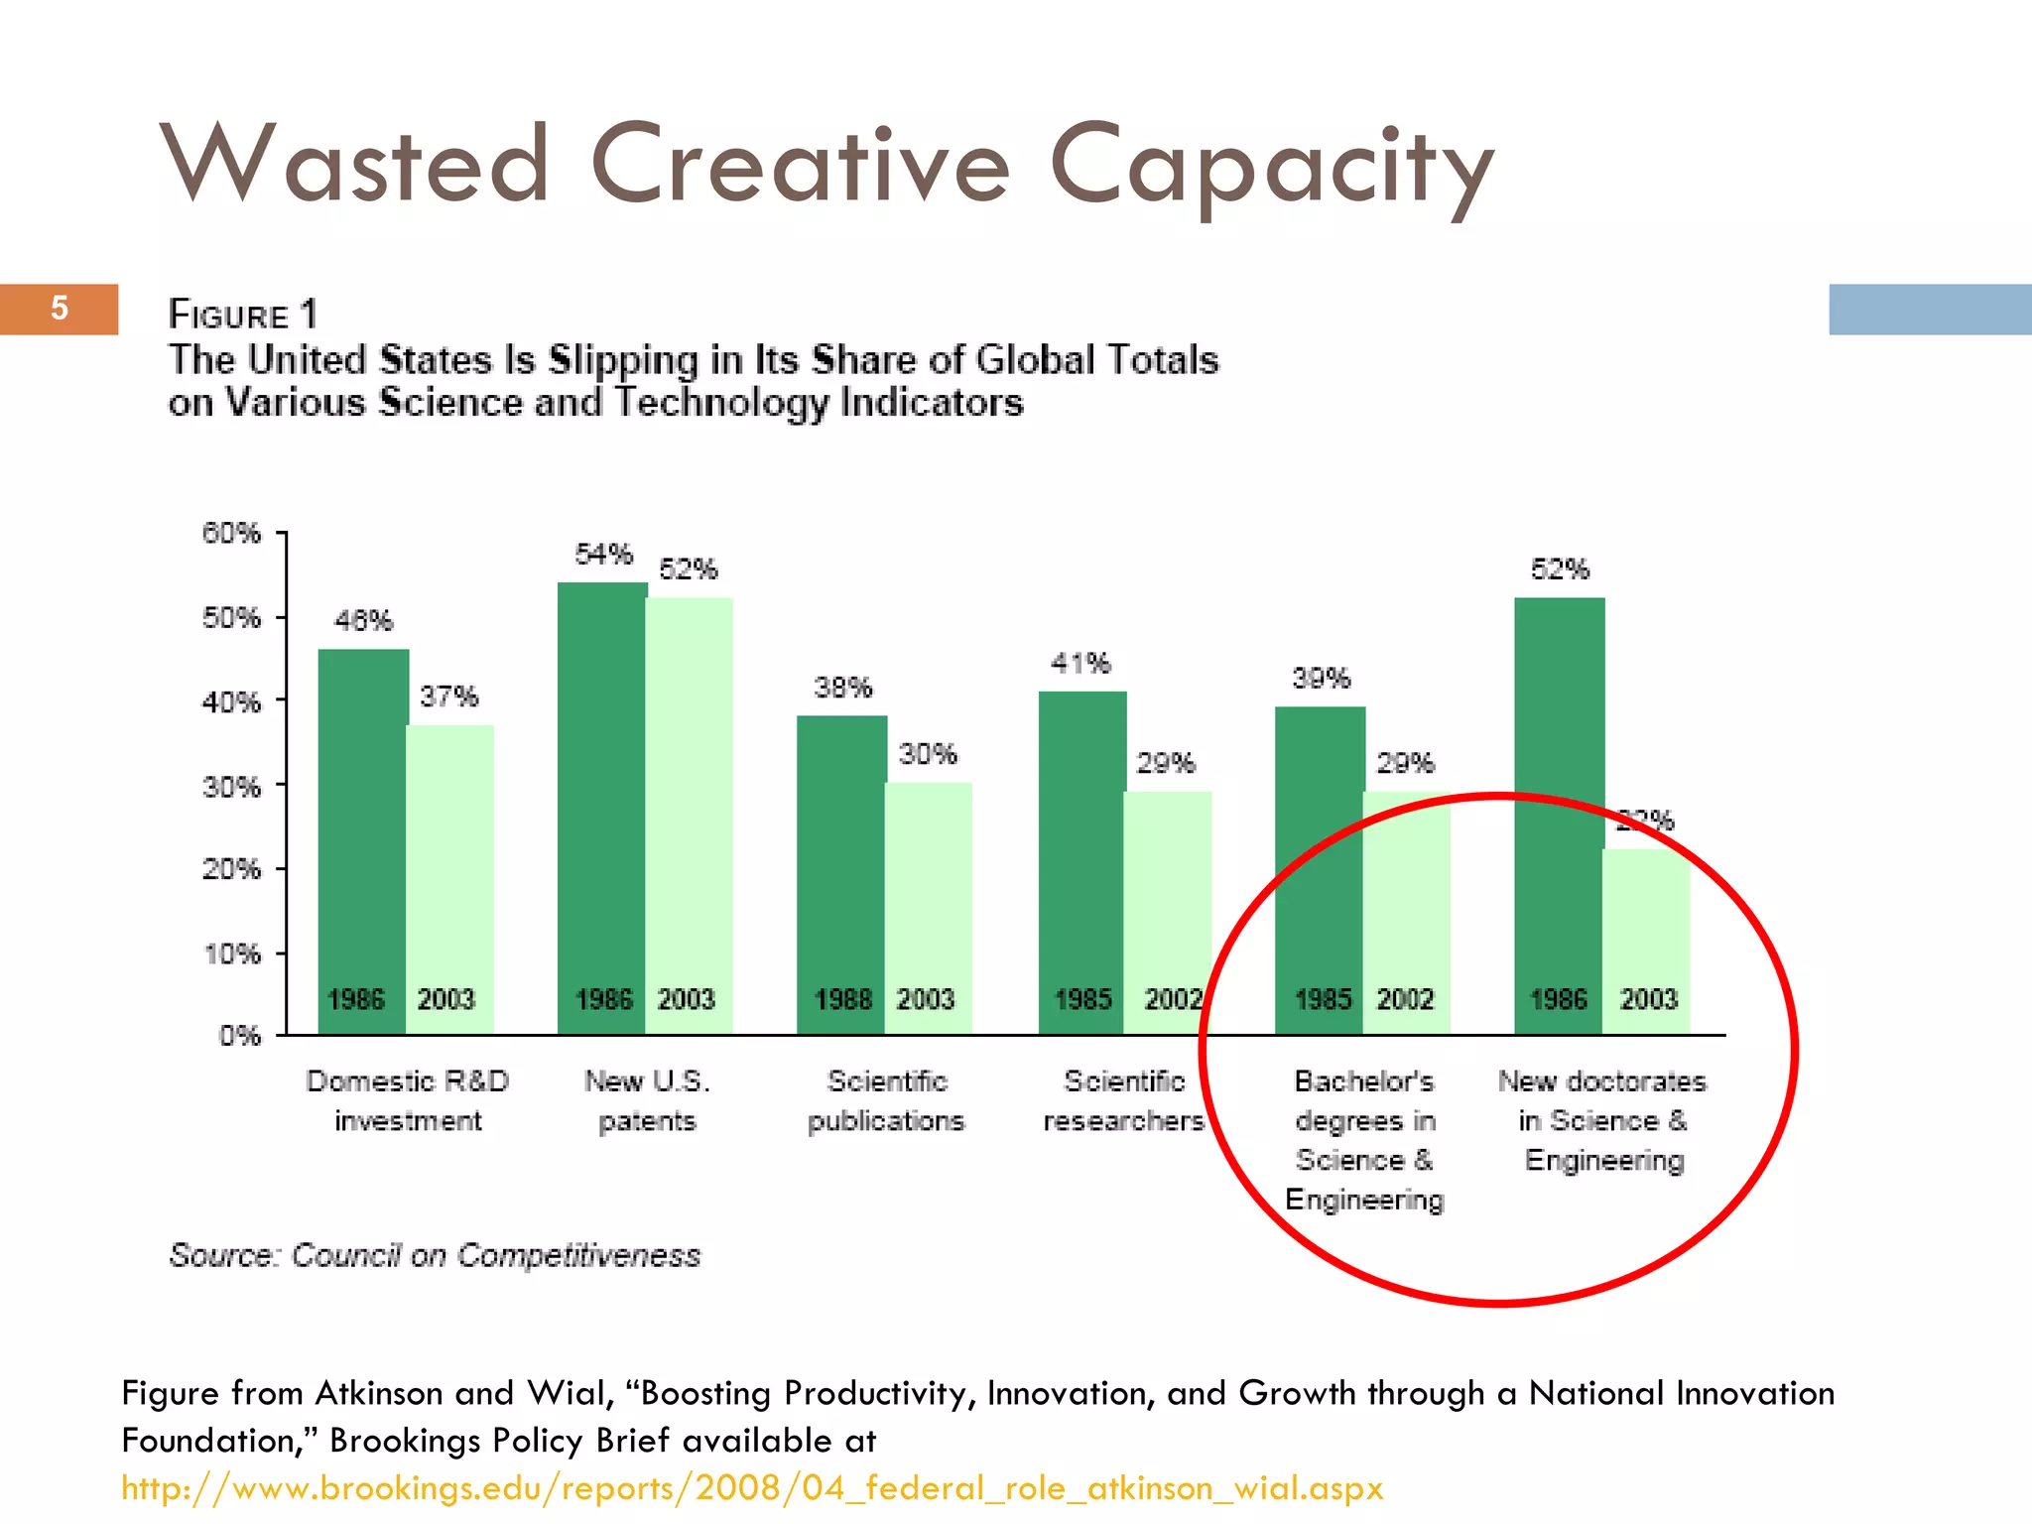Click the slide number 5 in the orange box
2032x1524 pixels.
click(60, 309)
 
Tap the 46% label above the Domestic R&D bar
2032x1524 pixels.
click(363, 621)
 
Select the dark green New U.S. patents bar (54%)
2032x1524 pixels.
click(602, 794)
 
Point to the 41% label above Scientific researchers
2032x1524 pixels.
click(1080, 663)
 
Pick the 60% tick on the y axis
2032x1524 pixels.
click(231, 534)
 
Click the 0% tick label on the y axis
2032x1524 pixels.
click(239, 1036)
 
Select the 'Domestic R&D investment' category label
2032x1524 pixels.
click(408, 1100)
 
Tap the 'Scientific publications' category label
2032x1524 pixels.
click(886, 1100)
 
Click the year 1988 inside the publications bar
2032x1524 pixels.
click(842, 999)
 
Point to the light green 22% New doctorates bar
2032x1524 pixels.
click(1646, 923)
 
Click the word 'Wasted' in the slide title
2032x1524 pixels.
click(354, 164)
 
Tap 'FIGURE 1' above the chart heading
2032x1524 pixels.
click(243, 315)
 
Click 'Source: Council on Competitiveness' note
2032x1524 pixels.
click(435, 1255)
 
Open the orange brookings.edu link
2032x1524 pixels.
click(751, 1488)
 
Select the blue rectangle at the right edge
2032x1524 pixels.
click(1930, 310)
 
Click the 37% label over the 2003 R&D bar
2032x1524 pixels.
click(448, 697)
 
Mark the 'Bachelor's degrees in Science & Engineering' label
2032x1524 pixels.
click(1364, 1140)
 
